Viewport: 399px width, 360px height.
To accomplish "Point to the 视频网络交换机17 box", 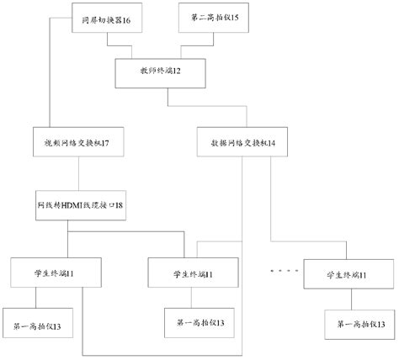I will [x=79, y=142].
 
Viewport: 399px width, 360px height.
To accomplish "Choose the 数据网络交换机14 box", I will [x=242, y=142].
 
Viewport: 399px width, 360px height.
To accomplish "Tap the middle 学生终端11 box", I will [x=194, y=274].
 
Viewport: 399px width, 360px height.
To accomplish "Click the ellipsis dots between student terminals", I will [x=284, y=271].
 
